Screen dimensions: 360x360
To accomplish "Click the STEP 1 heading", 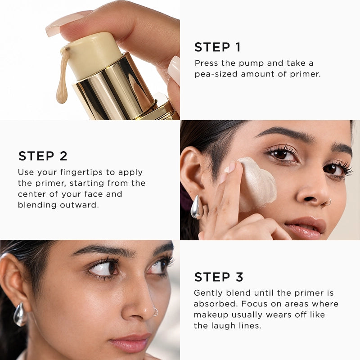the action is tap(217, 47).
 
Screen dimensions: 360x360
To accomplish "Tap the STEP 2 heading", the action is tap(43, 156).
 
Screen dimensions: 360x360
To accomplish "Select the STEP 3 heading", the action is tap(219, 277).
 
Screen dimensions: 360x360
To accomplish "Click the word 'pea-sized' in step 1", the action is tap(216, 74).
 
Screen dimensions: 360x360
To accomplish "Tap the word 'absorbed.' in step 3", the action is tap(216, 304).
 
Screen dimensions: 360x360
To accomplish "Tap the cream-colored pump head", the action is tap(93, 55).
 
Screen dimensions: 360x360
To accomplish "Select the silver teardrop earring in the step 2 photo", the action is tap(197, 207).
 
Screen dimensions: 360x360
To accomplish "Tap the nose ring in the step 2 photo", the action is tap(328, 202).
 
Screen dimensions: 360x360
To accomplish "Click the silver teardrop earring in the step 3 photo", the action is tap(20, 314).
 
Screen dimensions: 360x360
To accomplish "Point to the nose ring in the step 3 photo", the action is tap(156, 312).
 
